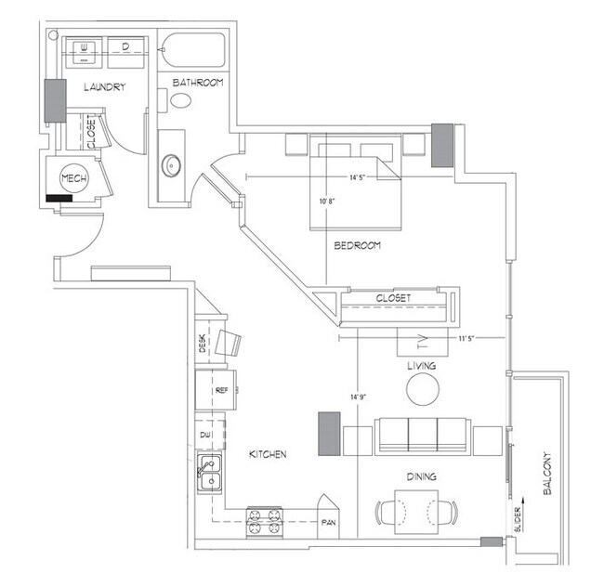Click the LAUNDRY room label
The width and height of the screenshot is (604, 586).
(x=103, y=87)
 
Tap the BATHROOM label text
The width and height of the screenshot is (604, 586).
(x=198, y=83)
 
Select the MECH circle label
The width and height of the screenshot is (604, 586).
(x=73, y=178)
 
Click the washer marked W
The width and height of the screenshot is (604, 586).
(x=83, y=46)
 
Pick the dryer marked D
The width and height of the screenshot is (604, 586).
(x=124, y=46)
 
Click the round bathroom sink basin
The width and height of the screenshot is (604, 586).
(x=171, y=167)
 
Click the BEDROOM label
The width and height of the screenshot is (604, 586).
(x=358, y=246)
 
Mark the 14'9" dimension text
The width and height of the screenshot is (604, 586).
(x=358, y=397)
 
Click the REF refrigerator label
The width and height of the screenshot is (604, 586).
(x=221, y=391)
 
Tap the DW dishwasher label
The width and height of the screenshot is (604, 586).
(x=206, y=435)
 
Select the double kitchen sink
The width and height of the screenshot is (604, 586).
(x=209, y=473)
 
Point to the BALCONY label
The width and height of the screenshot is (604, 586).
(x=547, y=474)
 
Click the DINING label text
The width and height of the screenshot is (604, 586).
(x=421, y=477)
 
